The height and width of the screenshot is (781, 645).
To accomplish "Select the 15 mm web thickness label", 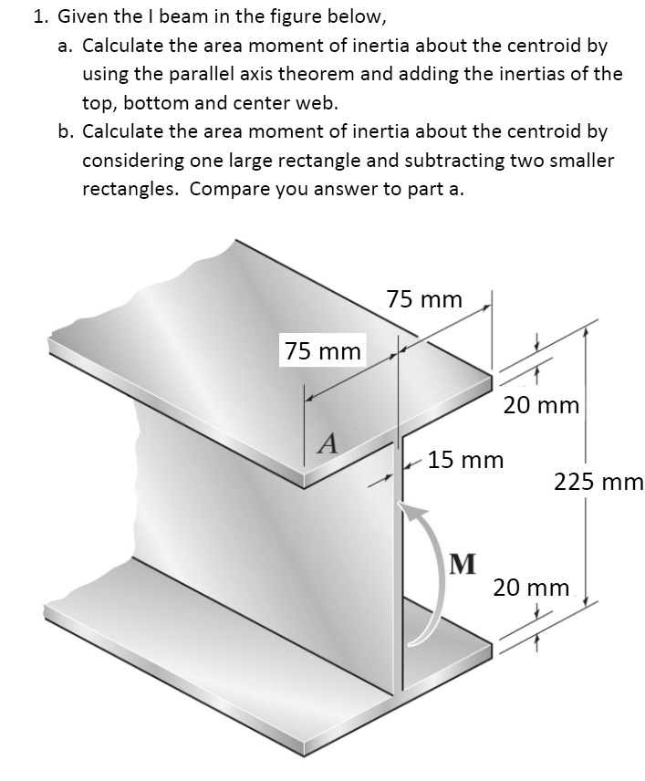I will (x=465, y=459).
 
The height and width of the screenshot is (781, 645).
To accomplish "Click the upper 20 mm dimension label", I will (x=541, y=405).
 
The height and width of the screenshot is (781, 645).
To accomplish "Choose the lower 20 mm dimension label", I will (x=532, y=587).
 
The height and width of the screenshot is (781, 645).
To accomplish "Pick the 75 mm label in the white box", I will (x=322, y=350).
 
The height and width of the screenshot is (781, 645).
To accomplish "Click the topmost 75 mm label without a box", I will (x=424, y=299).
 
